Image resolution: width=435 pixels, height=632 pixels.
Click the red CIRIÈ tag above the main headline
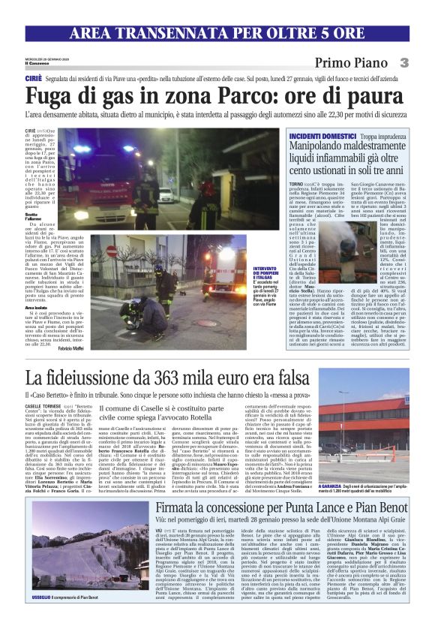pyautogui.click(x=34, y=78)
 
